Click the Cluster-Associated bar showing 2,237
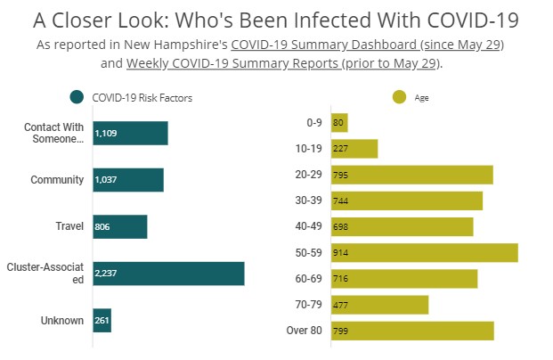pyautogui.click(x=167, y=274)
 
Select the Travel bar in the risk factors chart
pyautogui.click(x=119, y=226)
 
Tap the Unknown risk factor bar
pyautogui.click(x=101, y=321)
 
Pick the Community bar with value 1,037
pyautogui.click(x=127, y=180)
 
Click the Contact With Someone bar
pyautogui.click(x=130, y=133)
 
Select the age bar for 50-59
pyautogui.click(x=424, y=252)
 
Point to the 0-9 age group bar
pyautogui.click(x=338, y=123)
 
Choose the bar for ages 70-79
pyautogui.click(x=379, y=305)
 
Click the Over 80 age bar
pyautogui.click(x=411, y=331)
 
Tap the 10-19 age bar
pyautogui.click(x=354, y=149)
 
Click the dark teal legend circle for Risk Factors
pyautogui.click(x=77, y=97)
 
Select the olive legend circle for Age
pyautogui.click(x=398, y=97)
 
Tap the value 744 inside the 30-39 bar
pyautogui.click(x=340, y=201)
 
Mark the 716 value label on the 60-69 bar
pyautogui.click(x=340, y=279)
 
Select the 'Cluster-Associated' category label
pyautogui.click(x=44, y=274)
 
